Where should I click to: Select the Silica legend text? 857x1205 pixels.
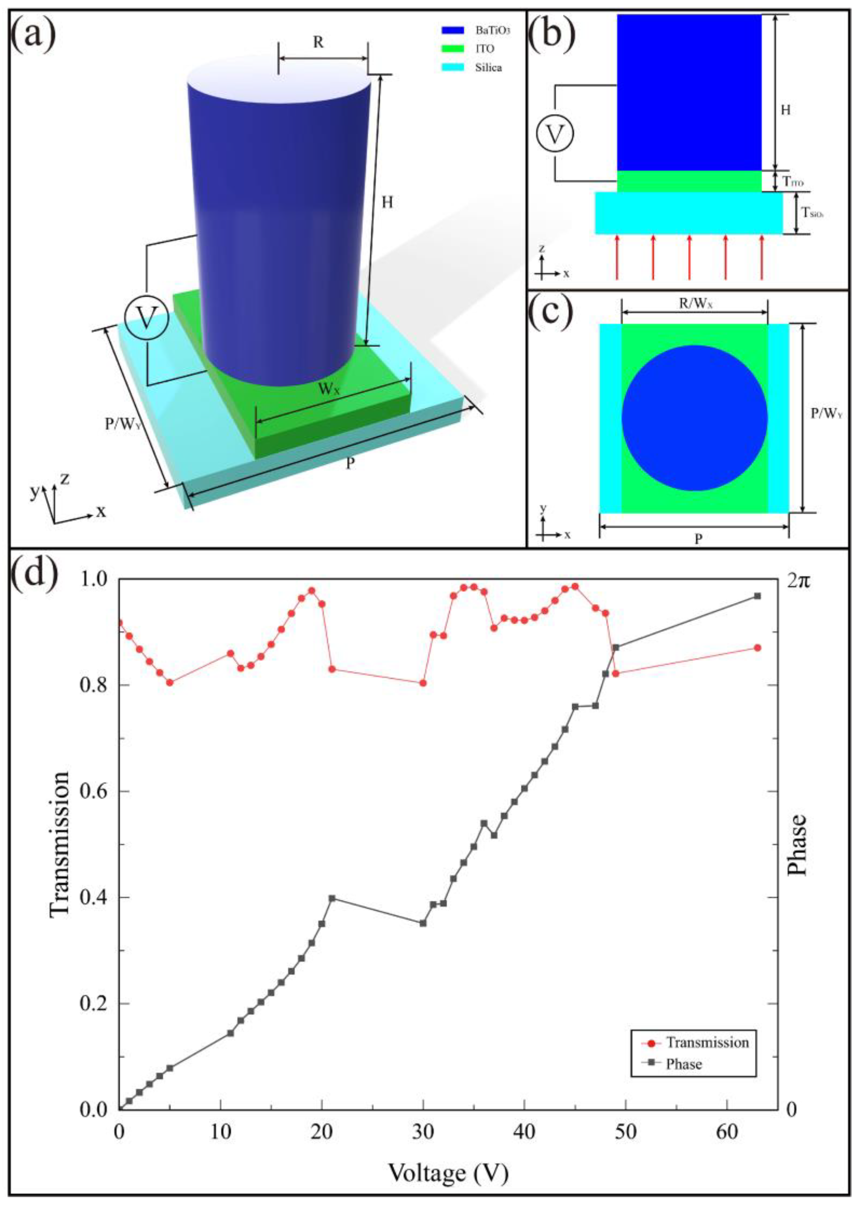click(488, 68)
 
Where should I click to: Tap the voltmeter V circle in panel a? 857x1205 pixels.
click(146, 318)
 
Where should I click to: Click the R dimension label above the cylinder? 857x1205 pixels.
click(318, 42)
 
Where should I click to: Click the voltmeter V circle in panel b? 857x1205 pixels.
click(554, 134)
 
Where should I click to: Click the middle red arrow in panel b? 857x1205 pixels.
click(689, 257)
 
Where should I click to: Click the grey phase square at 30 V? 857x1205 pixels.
click(423, 923)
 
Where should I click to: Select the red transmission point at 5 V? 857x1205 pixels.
click(170, 682)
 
